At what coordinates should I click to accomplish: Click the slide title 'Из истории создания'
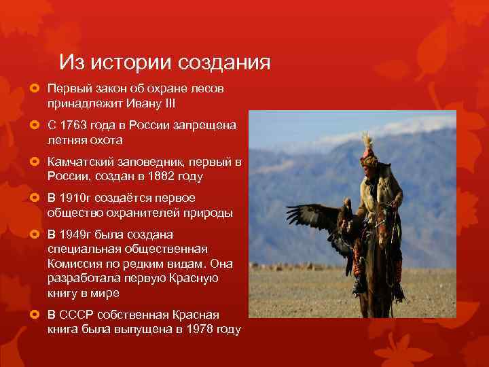click(x=164, y=63)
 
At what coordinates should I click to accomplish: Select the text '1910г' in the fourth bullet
click(x=75, y=198)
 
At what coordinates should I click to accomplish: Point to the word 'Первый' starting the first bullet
click(x=67, y=89)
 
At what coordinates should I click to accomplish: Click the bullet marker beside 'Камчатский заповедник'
click(x=38, y=162)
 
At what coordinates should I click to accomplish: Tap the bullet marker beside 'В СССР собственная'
click(x=38, y=315)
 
